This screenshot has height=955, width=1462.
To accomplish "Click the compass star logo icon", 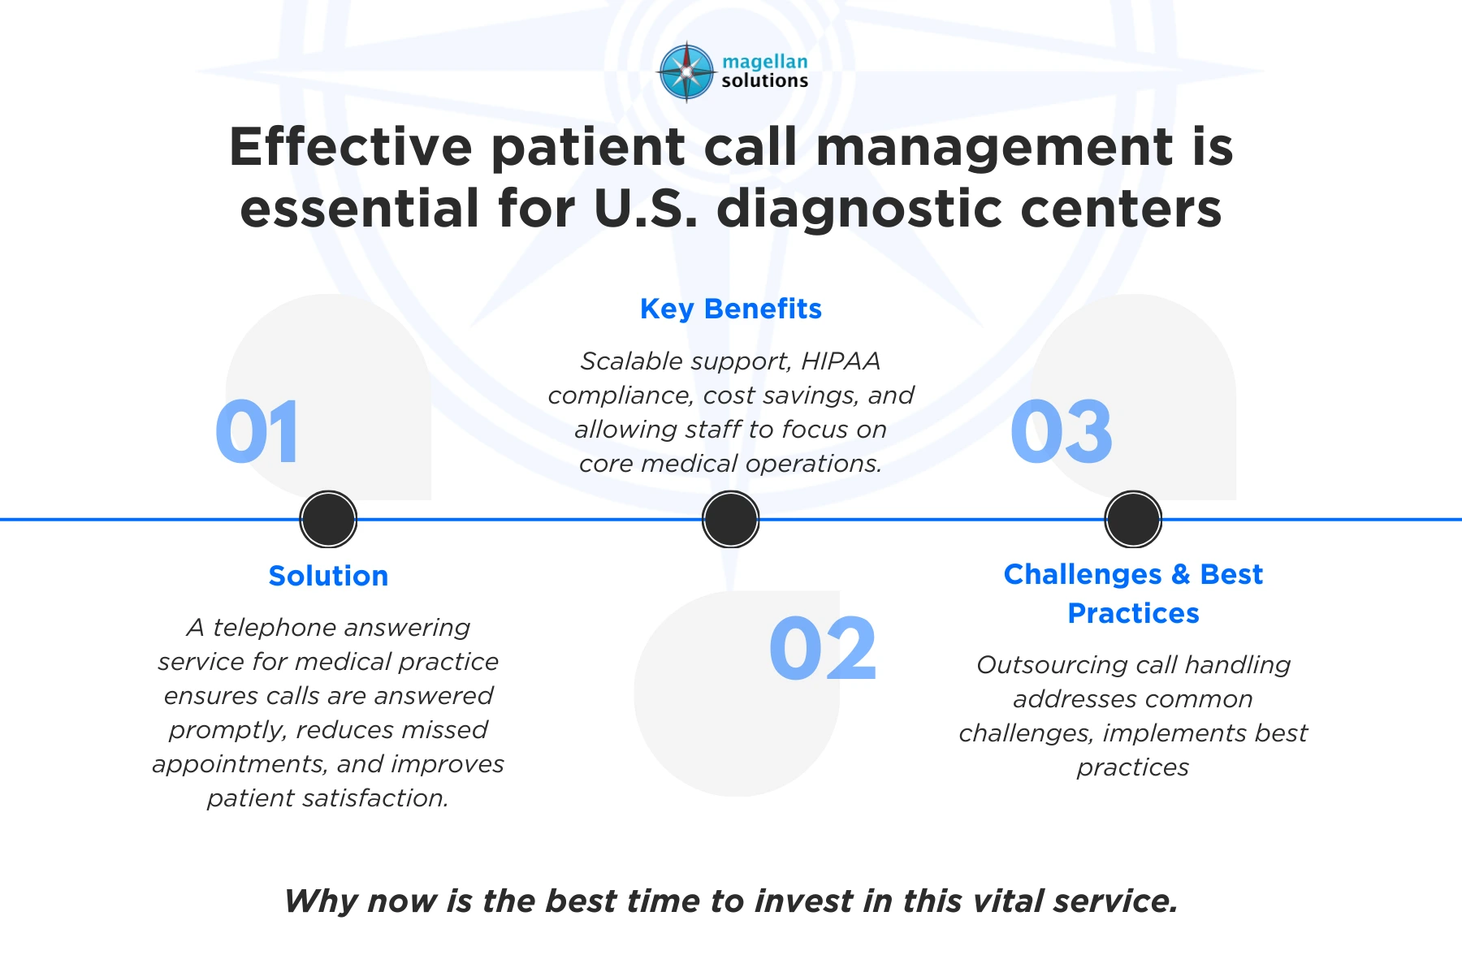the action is point(687,71).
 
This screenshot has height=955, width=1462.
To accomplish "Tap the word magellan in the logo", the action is point(765,62).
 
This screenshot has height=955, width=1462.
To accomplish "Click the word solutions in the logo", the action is point(765,80).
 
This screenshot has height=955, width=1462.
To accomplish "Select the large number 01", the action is point(257,432).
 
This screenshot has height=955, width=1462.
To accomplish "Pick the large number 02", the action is point(823,649).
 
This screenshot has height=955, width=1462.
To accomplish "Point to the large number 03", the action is point(1062,432).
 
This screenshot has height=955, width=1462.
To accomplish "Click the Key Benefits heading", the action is point(731,309).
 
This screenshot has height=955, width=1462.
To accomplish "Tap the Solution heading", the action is point(328,576).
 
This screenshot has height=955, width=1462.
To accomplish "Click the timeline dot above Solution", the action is point(328,520).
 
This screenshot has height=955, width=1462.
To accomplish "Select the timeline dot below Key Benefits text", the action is point(731,520).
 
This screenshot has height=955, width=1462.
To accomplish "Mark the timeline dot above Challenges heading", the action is point(1133,520).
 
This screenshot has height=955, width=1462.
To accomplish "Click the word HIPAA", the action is point(841,361).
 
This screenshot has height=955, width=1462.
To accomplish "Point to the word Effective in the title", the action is point(351,147).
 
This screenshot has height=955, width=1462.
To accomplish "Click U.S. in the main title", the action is point(647,209).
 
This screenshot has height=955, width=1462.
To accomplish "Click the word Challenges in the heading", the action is point(1083,574).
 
